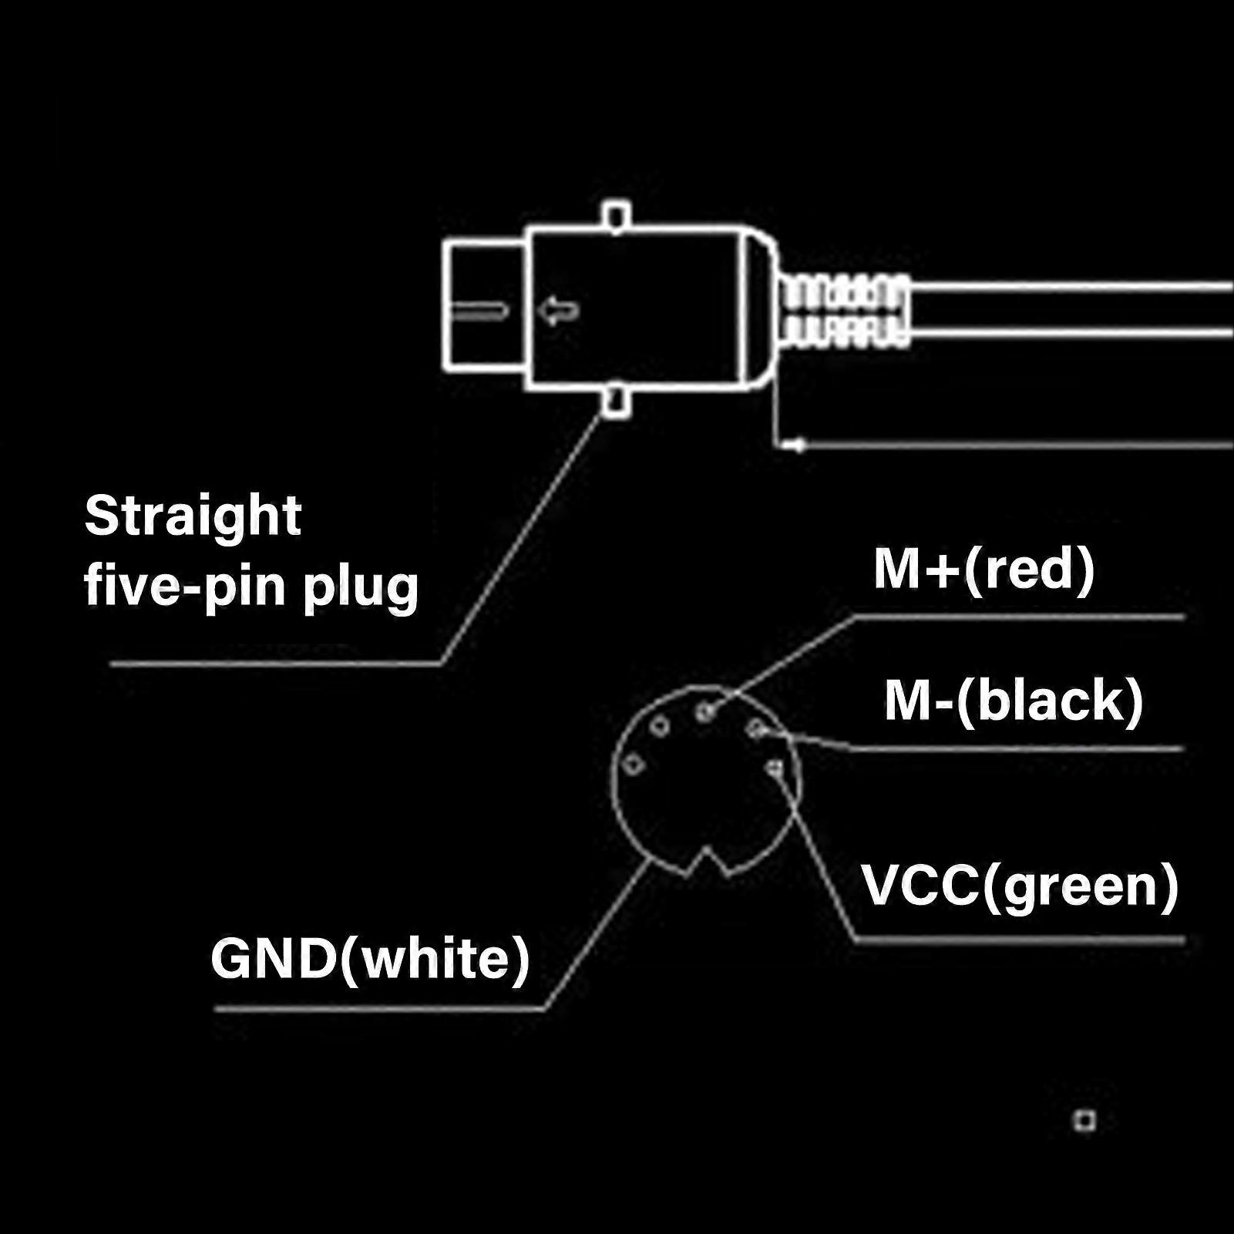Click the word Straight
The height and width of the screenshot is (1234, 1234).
click(193, 516)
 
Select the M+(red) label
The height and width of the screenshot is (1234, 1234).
click(984, 570)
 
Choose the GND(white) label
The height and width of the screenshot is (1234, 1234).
click(370, 960)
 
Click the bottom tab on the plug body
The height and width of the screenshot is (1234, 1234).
click(616, 402)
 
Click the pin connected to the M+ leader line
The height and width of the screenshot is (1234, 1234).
click(705, 712)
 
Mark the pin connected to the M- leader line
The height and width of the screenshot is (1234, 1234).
click(756, 728)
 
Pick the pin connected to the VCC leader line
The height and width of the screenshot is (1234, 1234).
click(775, 768)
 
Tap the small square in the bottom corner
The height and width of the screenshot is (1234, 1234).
click(1085, 1121)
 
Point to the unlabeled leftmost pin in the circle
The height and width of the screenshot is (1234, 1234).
click(634, 765)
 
